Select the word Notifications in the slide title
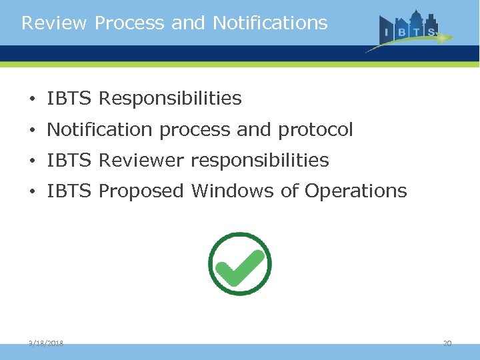[270, 23]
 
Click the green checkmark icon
[240, 264]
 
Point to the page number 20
[447, 343]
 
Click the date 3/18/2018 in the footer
[46, 343]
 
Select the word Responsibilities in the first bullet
[170, 99]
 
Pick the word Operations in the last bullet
[355, 191]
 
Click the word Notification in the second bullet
[100, 130]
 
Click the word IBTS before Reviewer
[69, 161]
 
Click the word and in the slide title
[187, 23]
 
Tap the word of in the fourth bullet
[290, 191]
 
